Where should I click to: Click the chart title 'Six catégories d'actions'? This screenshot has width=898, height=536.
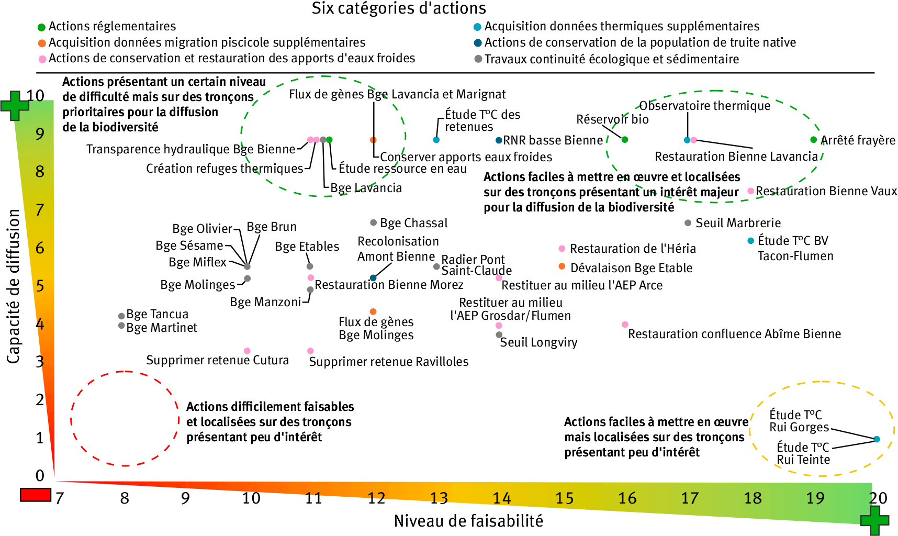pyautogui.click(x=399, y=8)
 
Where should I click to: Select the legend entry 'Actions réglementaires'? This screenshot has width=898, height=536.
pyautogui.click(x=112, y=26)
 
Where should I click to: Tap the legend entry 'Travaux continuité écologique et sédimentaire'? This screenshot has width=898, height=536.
pyautogui.click(x=611, y=59)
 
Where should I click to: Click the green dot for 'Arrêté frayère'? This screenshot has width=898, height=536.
pyautogui.click(x=813, y=140)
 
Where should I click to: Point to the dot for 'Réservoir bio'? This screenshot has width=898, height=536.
pyautogui.click(x=625, y=139)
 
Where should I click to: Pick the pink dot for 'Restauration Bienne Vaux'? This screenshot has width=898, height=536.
pyautogui.click(x=751, y=191)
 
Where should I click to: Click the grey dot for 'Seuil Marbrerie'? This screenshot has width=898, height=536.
pyautogui.click(x=688, y=223)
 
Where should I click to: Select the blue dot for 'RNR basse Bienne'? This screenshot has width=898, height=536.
pyautogui.click(x=499, y=140)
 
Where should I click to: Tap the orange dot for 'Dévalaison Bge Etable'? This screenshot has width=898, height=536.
pyautogui.click(x=562, y=266)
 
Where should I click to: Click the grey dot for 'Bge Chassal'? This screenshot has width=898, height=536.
pyautogui.click(x=373, y=222)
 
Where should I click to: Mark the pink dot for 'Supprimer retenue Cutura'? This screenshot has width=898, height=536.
pyautogui.click(x=247, y=351)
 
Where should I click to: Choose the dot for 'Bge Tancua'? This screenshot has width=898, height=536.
pyautogui.click(x=121, y=316)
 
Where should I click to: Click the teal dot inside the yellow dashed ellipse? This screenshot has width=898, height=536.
pyautogui.click(x=877, y=439)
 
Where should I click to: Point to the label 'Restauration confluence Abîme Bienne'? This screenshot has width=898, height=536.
pyautogui.click(x=734, y=334)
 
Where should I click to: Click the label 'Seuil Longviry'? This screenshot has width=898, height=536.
pyautogui.click(x=538, y=342)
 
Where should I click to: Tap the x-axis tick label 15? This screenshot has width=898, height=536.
pyautogui.click(x=564, y=498)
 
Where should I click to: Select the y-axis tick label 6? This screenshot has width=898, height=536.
pyautogui.click(x=40, y=248)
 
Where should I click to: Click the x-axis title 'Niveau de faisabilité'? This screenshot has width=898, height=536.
pyautogui.click(x=468, y=521)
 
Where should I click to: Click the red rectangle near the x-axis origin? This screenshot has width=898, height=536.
pyautogui.click(x=36, y=495)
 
